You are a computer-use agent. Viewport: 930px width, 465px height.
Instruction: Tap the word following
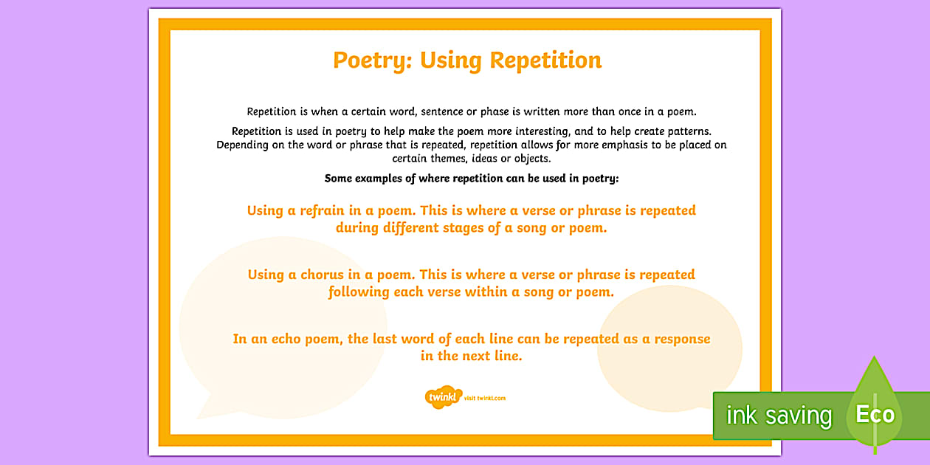point(359,292)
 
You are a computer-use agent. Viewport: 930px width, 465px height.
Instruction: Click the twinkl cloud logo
point(442,397)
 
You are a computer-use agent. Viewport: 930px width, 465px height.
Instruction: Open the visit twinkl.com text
point(486,399)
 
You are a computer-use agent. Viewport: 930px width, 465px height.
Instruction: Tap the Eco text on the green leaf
point(875,414)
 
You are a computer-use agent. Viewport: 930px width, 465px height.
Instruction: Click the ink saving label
point(779,416)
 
